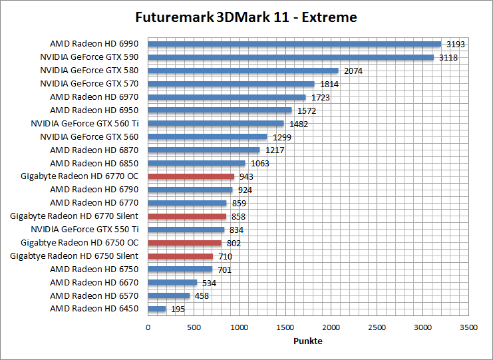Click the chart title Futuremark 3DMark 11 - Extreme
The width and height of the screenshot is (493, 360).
246,17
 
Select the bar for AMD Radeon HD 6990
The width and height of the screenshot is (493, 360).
294,44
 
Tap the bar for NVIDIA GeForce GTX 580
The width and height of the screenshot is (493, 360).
243,71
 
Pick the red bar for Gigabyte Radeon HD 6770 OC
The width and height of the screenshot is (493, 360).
191,176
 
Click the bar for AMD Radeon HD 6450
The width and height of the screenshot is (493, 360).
156,309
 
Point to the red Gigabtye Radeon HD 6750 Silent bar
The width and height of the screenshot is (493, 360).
180,256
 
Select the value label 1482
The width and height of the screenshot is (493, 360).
299,124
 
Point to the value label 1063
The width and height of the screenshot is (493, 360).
260,164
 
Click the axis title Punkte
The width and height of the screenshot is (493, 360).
307,341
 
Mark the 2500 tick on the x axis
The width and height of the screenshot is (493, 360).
377,327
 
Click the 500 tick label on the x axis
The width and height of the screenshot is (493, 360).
194,327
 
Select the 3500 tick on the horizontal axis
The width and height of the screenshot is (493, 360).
468,327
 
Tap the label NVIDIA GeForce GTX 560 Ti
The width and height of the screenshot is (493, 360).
84,123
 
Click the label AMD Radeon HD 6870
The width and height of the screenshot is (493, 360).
94,150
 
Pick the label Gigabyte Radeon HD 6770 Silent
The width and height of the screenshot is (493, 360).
75,216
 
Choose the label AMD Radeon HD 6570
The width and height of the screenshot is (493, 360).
94,295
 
